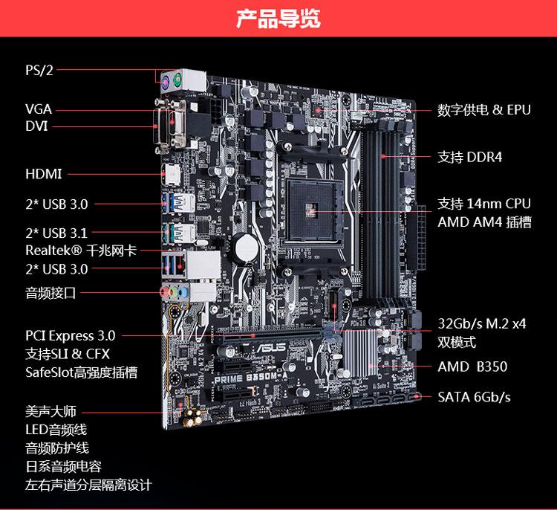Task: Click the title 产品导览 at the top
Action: (x=278, y=19)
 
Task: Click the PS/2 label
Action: (x=39, y=71)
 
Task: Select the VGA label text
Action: (x=39, y=109)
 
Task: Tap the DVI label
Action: (x=36, y=126)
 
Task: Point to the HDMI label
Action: (x=44, y=175)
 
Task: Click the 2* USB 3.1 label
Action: (x=56, y=233)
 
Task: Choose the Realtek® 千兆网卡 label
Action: (x=81, y=251)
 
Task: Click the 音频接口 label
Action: (x=51, y=293)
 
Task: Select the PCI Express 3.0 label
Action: (x=71, y=336)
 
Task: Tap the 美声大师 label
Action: (x=51, y=411)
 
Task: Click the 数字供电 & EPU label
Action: (x=484, y=110)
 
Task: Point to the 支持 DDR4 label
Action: (x=470, y=157)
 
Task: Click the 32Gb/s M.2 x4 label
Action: (x=482, y=324)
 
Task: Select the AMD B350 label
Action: (x=472, y=367)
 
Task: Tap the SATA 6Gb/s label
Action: (x=474, y=396)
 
